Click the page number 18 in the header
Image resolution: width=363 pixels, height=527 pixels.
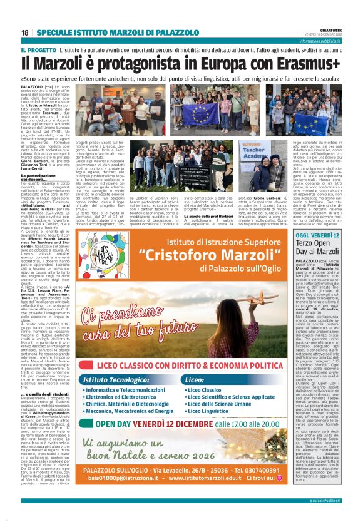[25, 33]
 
